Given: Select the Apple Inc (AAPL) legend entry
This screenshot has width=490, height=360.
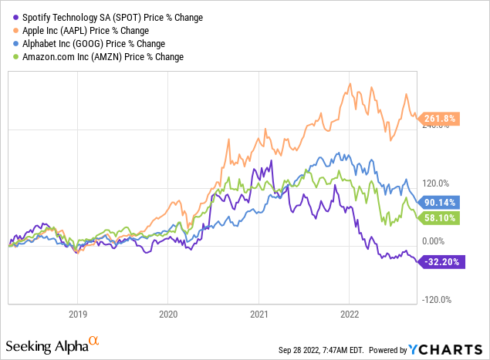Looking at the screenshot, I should (x=78, y=29).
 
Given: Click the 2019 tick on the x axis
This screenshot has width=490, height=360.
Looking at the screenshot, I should (x=77, y=315).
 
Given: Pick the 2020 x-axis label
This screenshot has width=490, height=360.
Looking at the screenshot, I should (x=168, y=315).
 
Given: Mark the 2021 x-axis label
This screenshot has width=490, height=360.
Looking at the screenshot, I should (x=259, y=315).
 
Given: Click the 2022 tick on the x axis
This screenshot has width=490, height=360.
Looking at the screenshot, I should (x=349, y=315).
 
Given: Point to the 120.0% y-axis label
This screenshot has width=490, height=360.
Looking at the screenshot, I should (x=435, y=183).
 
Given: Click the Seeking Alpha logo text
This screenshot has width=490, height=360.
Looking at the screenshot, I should (x=46, y=343).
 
